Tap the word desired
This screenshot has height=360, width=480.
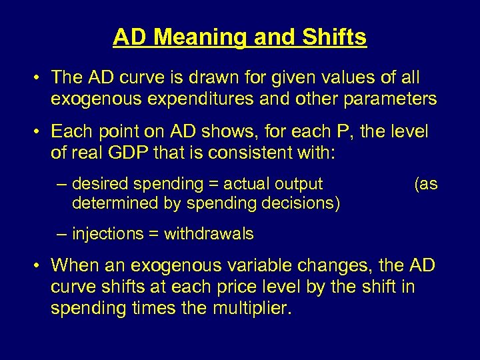coord(99,183)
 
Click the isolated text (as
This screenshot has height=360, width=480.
coord(425,183)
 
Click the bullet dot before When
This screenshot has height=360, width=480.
coord(39,265)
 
